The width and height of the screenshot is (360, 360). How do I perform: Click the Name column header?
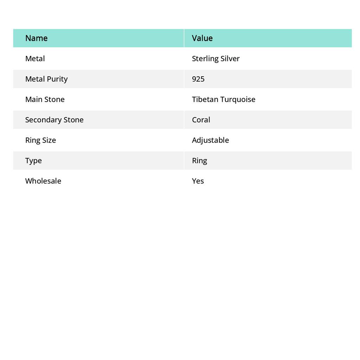37,38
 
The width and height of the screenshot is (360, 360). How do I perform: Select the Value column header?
202,38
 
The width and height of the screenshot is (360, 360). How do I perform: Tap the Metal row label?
35,58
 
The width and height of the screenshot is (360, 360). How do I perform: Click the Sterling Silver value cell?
216,58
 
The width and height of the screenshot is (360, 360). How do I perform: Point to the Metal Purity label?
46,79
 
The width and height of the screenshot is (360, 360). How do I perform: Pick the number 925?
198,79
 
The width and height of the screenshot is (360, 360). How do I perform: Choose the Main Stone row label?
45,99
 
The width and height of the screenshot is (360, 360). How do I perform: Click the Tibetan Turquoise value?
224,99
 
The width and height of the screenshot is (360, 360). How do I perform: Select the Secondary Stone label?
54,120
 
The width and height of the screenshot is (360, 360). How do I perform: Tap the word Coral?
201,120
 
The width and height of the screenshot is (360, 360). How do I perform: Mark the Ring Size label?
40,140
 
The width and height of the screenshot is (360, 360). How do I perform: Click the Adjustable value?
210,140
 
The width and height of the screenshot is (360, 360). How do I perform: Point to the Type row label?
33,160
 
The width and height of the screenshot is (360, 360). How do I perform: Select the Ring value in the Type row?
199,160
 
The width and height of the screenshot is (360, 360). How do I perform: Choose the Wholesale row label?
43,181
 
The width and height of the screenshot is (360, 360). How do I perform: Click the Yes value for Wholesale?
198,181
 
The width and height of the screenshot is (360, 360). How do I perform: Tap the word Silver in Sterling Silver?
230,58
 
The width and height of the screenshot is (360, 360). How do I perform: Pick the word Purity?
57,79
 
